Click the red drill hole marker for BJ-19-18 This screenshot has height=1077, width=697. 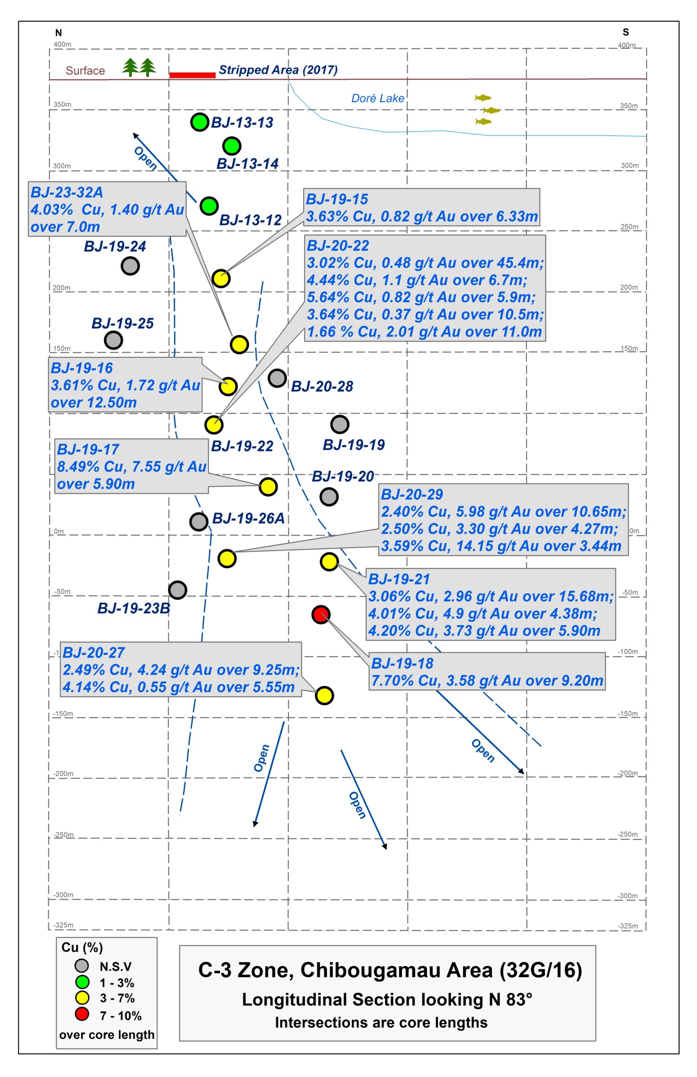point(321,614)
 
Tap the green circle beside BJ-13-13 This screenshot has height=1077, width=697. point(199,122)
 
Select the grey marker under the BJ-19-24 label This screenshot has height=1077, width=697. point(130,266)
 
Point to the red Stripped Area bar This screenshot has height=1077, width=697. point(192,75)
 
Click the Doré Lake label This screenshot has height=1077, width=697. point(378,98)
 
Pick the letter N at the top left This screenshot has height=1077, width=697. point(59,32)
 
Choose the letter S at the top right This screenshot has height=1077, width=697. point(625,32)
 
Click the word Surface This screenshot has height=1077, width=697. point(85,71)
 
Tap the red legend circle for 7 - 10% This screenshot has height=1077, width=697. point(82,1014)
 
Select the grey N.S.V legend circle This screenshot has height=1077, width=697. point(82,966)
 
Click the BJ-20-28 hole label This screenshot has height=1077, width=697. point(322,386)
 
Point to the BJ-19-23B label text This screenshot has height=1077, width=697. point(133,608)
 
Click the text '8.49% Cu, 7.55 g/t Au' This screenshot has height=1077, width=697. point(132,467)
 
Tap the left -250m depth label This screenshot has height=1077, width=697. point(64,835)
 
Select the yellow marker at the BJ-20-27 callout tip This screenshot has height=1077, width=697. point(325,695)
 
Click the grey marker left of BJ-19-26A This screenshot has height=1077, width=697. point(199,522)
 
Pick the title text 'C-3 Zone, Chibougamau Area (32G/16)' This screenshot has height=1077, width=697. point(390,970)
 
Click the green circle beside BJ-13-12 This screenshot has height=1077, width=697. point(209,206)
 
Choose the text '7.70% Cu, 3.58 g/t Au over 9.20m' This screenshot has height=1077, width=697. point(487,680)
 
